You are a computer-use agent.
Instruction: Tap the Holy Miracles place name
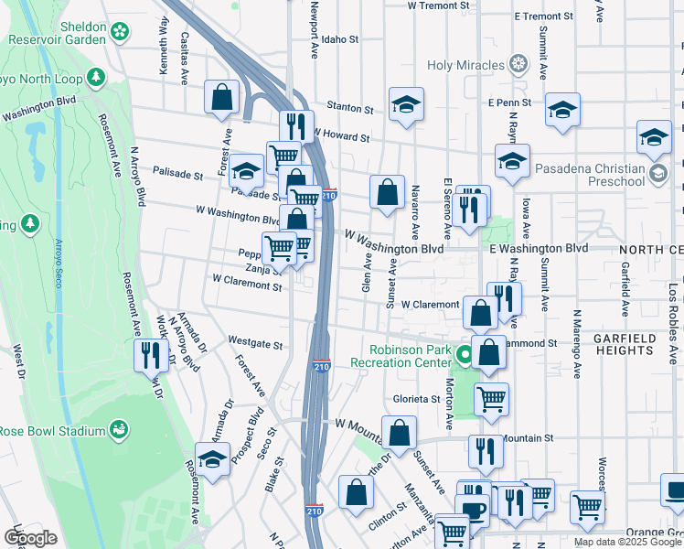coord(466,65)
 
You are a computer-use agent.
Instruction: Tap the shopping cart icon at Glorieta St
coord(492,398)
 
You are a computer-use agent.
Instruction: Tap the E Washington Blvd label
coord(538,248)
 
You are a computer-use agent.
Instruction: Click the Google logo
coord(30,538)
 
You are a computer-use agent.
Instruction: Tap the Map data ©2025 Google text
coord(627,542)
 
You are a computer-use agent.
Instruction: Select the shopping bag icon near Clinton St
coord(355,492)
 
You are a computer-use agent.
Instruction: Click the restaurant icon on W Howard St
coord(296,126)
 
